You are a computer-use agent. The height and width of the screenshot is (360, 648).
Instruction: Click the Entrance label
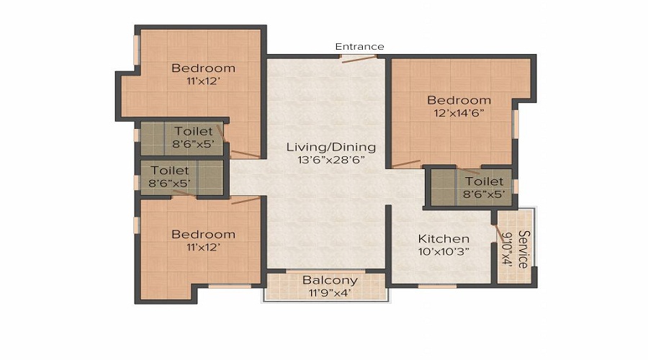pos(359,47)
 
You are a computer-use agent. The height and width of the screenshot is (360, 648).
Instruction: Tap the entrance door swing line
pos(356,58)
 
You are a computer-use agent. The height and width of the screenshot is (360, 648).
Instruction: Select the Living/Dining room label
pos(330,147)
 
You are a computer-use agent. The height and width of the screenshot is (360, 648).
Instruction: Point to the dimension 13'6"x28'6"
pos(330,160)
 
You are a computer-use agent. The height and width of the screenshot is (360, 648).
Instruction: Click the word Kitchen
pos(444,238)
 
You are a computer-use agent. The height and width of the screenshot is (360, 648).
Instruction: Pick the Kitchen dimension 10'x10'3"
pos(444,252)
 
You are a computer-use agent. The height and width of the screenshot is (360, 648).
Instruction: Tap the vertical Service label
pos(523,249)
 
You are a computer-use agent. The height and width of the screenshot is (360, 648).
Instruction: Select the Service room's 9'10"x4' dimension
pos(508,249)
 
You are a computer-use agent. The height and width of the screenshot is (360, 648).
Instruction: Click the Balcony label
pos(330,280)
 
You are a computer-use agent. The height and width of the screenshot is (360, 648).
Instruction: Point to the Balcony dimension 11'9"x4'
pos(330,293)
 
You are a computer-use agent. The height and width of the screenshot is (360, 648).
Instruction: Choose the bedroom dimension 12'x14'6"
pos(459,113)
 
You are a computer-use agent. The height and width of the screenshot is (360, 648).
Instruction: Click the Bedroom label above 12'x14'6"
pos(459,100)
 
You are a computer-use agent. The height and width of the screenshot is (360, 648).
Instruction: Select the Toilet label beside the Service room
pos(482,181)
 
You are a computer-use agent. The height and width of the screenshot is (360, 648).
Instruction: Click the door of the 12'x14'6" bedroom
pos(406,163)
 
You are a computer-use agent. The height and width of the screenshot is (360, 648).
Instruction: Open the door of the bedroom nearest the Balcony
pos(246,199)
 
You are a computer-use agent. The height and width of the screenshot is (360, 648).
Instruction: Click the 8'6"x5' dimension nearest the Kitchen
pos(482,194)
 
